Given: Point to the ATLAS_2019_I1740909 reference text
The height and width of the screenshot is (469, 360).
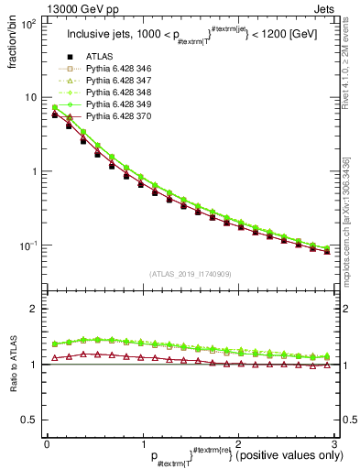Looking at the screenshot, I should pos(190,274).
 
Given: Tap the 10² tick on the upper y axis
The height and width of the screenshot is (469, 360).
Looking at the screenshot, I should pos(29,24).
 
